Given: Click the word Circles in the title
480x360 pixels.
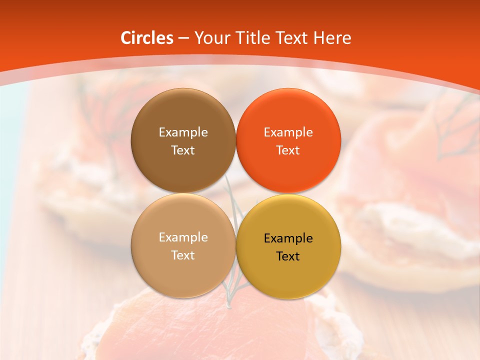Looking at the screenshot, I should (146, 38).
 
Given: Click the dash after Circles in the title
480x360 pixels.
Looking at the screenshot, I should (183, 38).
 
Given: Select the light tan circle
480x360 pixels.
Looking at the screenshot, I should (183, 275).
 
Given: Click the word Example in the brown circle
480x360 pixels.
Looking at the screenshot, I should (183, 132).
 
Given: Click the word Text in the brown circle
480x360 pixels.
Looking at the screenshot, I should (183, 150).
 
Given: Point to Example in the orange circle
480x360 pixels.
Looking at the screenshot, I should (288, 132).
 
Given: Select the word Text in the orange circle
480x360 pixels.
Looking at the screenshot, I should (288, 150).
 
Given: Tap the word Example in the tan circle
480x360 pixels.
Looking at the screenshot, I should (183, 237).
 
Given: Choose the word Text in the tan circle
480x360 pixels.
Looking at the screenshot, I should (183, 255).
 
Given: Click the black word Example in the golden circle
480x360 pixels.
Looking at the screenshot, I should (288, 238).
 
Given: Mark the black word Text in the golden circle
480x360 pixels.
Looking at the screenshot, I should (288, 256).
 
